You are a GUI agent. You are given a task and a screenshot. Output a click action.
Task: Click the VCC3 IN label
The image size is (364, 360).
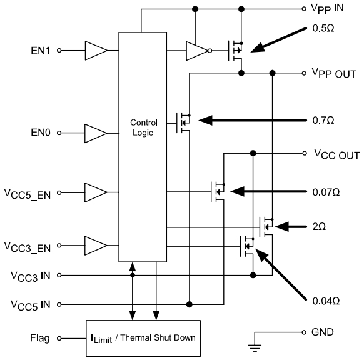click(x=29, y=275)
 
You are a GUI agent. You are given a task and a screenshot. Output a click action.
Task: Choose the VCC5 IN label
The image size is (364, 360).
click(x=29, y=304)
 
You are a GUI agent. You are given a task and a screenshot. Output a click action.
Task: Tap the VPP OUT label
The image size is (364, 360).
click(x=334, y=73)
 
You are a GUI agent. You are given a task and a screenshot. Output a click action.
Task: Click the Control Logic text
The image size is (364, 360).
click(x=143, y=128)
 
